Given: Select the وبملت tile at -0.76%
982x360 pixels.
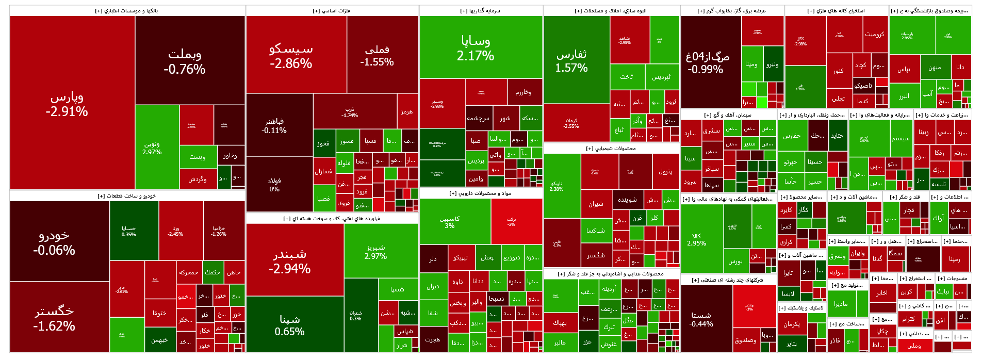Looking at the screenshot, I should click(185, 61).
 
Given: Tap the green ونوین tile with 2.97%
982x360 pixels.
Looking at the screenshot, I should click(152, 148).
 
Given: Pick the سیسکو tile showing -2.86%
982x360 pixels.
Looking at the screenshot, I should click(291, 56).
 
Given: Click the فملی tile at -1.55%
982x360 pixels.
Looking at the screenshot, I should click(377, 55).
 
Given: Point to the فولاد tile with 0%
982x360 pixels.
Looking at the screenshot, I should click(274, 185).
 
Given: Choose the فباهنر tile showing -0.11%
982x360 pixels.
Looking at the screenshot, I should click(274, 125).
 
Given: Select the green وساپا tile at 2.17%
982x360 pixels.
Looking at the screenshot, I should click(476, 47).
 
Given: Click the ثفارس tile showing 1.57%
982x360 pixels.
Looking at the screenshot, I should click(571, 60).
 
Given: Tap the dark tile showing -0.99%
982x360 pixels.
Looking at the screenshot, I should click(707, 62).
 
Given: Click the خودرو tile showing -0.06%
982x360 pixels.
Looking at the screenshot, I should click(54, 242).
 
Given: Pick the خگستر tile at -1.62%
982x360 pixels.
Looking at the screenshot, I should click(54, 318).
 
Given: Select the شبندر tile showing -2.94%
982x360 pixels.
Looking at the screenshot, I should click(289, 261).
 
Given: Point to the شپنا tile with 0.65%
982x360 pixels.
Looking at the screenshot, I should click(289, 325).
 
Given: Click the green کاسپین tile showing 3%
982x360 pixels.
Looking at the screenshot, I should click(450, 222).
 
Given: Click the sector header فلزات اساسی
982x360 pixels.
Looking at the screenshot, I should click(331, 11).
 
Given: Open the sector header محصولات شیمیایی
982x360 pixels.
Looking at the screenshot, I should click(611, 149).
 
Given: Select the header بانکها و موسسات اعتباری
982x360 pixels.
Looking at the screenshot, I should click(127, 11).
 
